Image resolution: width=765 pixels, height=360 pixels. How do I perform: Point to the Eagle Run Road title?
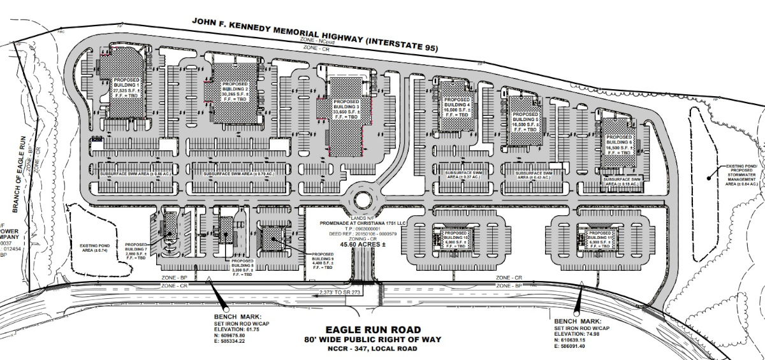(x=373, y=329)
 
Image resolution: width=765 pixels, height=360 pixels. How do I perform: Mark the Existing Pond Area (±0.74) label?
(x=96, y=248)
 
